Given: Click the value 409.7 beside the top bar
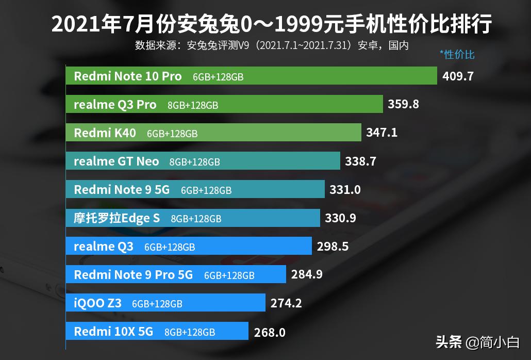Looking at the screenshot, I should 458,76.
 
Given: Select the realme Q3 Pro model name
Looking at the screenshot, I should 115,105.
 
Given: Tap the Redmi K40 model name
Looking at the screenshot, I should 105,133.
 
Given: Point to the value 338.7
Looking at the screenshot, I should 360,161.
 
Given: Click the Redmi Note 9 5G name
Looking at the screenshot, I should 122,190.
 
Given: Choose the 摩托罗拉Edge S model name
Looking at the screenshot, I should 117,218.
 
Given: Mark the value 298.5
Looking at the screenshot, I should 333,247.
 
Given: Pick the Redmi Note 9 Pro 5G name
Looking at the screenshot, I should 133,275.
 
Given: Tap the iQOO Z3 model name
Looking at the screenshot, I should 97,303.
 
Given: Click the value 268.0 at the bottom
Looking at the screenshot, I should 270,333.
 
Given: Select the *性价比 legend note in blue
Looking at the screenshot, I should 457,54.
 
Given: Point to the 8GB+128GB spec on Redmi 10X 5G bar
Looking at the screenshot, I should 190,332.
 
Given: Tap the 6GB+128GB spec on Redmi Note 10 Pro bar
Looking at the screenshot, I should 218,77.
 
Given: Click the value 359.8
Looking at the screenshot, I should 403,104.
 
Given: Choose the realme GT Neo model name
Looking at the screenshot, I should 117,161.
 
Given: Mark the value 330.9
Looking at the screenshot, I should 340,218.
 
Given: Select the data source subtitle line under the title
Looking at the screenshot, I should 272,45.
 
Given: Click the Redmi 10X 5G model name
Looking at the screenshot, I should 113,332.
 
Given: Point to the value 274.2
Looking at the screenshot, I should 286,303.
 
